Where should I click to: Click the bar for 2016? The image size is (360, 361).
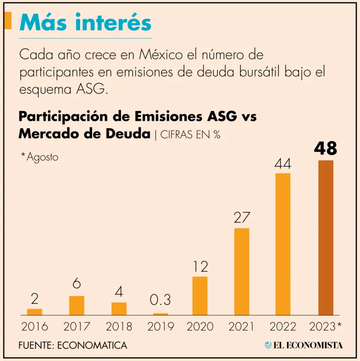(x=34, y=312)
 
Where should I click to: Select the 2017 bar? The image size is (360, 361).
(x=77, y=305)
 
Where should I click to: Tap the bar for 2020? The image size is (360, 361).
(x=200, y=296)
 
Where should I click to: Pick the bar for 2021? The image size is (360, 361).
(x=241, y=271)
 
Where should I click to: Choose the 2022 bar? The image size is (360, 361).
(x=283, y=244)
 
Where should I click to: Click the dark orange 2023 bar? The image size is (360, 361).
(x=326, y=237)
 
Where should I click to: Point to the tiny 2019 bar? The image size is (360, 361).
(x=160, y=314)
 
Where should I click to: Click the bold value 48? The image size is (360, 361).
(x=326, y=149)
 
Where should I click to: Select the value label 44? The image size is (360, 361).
(x=283, y=164)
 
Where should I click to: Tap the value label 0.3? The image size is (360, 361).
(x=160, y=300)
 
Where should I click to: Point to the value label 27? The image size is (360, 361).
(x=241, y=218)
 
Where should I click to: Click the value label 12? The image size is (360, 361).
(x=200, y=267)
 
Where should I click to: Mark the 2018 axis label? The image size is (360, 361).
(x=119, y=326)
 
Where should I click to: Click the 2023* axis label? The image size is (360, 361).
(x=326, y=326)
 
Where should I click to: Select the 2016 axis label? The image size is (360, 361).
(x=34, y=326)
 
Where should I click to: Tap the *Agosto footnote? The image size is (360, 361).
(x=40, y=157)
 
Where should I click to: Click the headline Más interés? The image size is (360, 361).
(x=86, y=23)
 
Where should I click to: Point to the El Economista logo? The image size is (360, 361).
(x=304, y=345)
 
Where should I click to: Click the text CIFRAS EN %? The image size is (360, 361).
(x=191, y=134)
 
